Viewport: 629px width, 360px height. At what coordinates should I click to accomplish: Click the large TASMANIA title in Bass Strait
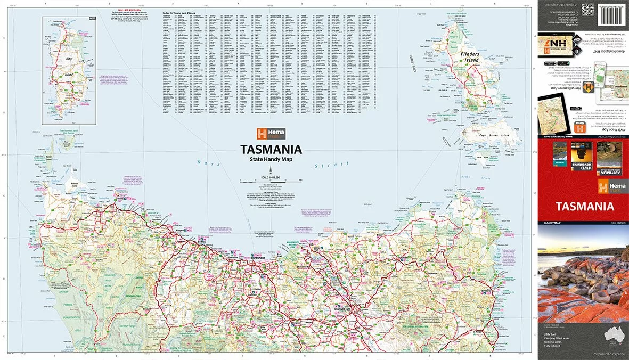click(271, 150)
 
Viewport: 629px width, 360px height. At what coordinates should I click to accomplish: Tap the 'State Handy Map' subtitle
click(271, 160)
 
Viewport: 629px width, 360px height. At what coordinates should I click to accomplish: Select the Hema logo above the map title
click(271, 134)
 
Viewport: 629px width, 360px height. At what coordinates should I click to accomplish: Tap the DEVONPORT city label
click(257, 258)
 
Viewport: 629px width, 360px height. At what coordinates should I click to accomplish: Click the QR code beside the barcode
click(587, 9)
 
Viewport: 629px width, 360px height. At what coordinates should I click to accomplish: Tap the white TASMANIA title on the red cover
click(585, 207)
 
